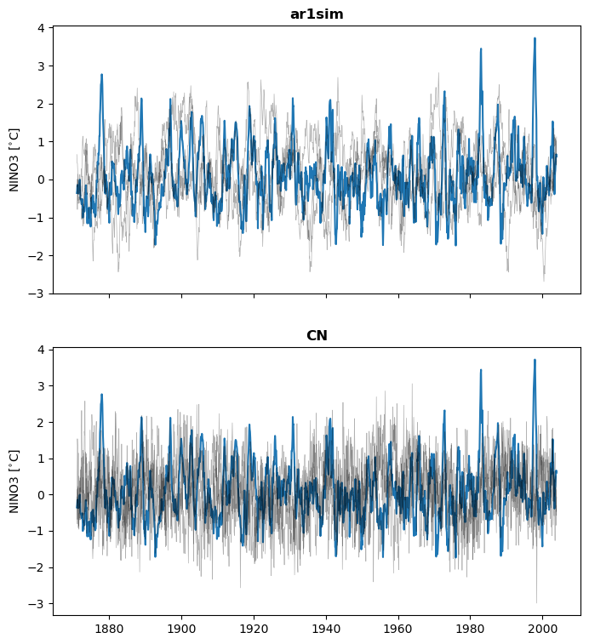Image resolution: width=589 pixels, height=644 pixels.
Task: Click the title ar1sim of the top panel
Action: coord(317,14)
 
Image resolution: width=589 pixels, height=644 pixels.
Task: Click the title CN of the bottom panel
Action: coord(317,335)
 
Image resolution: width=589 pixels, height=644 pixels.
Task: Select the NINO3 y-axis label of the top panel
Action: coord(14,159)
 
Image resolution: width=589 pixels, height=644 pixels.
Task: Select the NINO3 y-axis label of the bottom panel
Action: coord(14,481)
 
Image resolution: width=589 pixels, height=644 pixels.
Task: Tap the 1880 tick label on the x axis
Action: coord(109,629)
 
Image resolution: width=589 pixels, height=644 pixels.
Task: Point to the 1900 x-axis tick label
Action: coord(181,629)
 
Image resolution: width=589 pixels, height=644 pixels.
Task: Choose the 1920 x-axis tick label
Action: coord(254,629)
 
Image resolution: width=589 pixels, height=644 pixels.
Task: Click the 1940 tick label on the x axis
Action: coord(326,629)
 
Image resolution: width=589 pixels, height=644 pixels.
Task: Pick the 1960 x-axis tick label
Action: coord(398,629)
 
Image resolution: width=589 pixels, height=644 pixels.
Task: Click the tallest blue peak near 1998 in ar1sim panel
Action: coord(535,38)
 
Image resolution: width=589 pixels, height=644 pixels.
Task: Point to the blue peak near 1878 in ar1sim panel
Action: coord(101,75)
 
